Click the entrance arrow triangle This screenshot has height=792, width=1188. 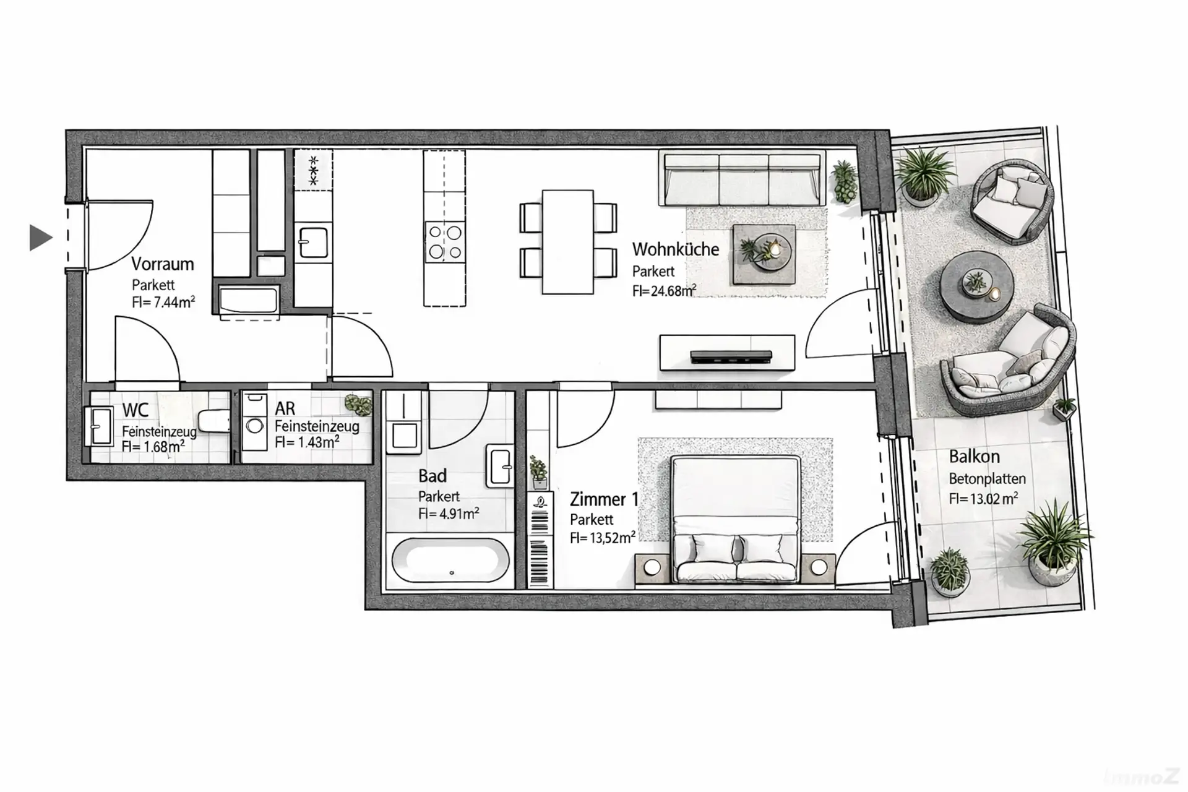40,238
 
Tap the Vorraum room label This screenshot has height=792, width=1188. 163,264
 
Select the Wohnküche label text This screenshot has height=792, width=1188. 676,249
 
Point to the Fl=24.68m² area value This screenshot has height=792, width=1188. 664,291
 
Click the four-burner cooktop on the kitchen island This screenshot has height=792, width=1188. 445,242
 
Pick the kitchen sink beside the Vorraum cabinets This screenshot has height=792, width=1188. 314,242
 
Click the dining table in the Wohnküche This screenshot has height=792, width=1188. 567,242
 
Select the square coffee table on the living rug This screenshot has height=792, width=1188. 764,254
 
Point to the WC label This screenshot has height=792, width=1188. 135,410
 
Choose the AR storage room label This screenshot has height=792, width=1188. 285,409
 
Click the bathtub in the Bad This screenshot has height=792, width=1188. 450,561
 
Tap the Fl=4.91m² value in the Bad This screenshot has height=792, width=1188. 449,514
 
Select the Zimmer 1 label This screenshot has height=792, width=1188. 604,499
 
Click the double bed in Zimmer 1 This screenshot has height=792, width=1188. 735,520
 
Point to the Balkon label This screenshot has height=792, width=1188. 975,457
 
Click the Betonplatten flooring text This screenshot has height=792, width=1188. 988,479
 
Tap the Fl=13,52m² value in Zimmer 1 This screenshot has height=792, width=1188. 603,538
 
